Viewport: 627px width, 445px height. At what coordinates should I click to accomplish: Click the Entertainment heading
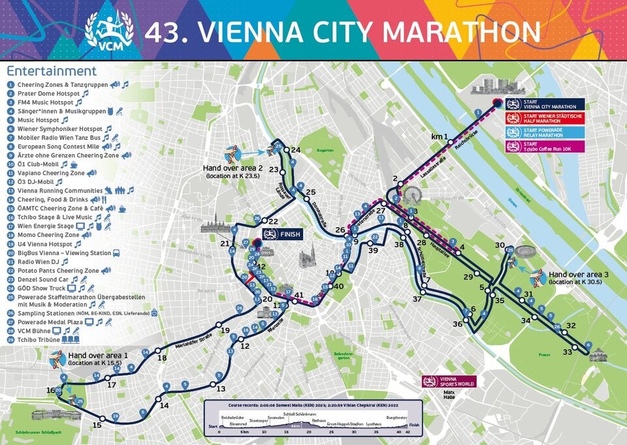51,71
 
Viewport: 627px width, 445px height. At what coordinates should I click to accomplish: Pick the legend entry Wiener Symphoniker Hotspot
59,129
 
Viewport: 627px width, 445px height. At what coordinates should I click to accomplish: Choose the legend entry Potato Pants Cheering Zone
58,270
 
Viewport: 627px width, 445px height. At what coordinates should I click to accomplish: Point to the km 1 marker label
440,137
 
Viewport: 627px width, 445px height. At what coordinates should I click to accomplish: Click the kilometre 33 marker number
568,352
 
